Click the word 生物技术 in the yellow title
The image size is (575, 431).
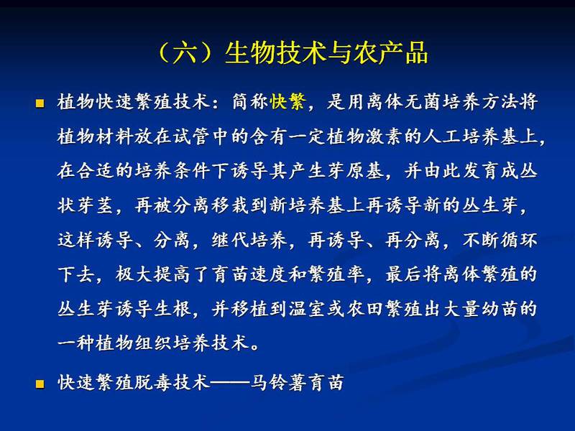(x=275, y=52)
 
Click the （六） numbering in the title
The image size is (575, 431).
(x=186, y=52)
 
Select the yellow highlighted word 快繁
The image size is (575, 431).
(x=288, y=101)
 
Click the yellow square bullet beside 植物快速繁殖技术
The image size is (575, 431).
(x=40, y=103)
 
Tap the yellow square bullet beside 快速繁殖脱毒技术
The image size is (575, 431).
(x=40, y=384)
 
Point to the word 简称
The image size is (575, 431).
(x=249, y=101)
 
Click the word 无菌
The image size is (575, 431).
(x=423, y=101)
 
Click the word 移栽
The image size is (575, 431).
(x=230, y=205)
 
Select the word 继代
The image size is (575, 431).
(x=230, y=240)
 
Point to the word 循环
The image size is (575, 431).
(x=519, y=240)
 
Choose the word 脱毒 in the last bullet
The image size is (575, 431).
(x=153, y=382)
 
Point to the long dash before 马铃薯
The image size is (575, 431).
(x=230, y=383)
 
